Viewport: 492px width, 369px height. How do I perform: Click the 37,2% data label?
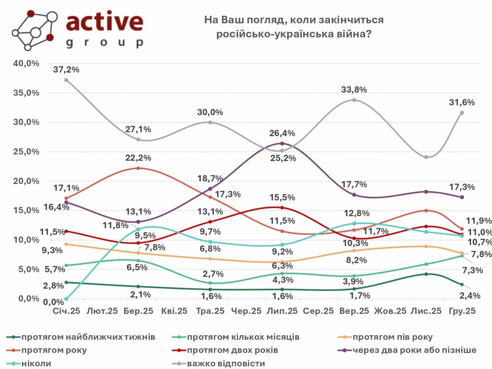[67, 70]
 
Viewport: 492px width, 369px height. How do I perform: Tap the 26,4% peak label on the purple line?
[283, 133]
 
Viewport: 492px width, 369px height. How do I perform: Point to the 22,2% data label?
[139, 158]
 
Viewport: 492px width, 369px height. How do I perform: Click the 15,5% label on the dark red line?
[283, 197]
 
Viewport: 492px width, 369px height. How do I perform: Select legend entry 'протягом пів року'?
[392, 337]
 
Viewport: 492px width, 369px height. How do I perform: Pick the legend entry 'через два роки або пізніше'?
[414, 350]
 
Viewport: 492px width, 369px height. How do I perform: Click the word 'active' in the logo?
[104, 22]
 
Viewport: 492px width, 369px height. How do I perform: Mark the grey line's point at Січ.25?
[66, 80]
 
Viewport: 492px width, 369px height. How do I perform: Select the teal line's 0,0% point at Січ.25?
[66, 299]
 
